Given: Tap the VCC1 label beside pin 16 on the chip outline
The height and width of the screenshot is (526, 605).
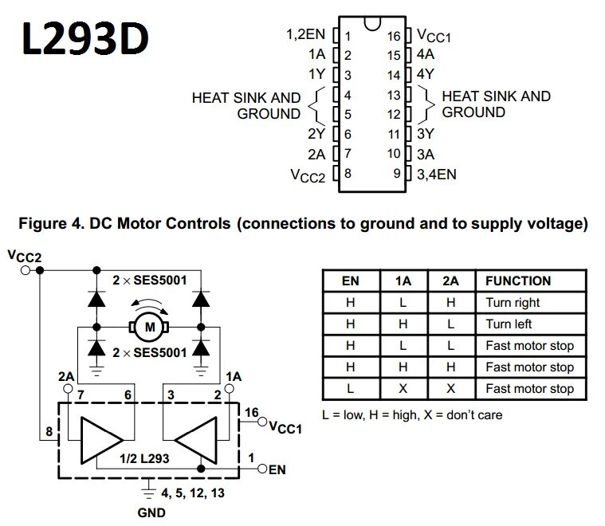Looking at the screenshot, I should click(x=434, y=37).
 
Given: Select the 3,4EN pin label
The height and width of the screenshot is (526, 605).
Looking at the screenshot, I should click(x=435, y=174).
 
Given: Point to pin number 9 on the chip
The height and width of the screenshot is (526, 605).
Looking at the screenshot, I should click(x=395, y=174).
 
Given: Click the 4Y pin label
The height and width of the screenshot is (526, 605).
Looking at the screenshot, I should click(x=424, y=76).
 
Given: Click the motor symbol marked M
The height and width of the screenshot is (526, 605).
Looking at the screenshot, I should click(x=146, y=325).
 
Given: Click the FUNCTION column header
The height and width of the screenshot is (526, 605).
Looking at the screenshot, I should click(x=517, y=281).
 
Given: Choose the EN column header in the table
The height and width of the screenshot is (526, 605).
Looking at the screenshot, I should click(x=350, y=281).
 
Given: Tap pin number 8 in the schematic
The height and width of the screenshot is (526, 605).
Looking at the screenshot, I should click(x=49, y=431).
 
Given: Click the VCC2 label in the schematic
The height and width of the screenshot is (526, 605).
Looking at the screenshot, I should click(x=24, y=256).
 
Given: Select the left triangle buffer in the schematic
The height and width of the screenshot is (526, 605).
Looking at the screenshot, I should click(x=99, y=437).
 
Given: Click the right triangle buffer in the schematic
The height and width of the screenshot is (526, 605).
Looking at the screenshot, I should click(x=197, y=437).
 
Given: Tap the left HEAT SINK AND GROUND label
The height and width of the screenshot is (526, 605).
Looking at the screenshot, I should click(x=246, y=105).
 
